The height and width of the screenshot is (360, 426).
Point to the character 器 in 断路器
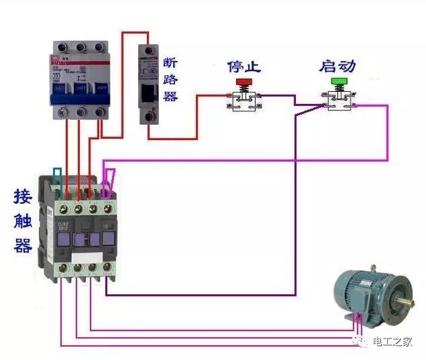tap(170, 96)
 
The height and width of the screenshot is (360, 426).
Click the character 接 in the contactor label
tap(23, 197)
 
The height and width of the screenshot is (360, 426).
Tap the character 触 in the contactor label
tap(23, 221)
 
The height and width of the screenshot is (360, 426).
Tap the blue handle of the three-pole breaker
tap(80, 89)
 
